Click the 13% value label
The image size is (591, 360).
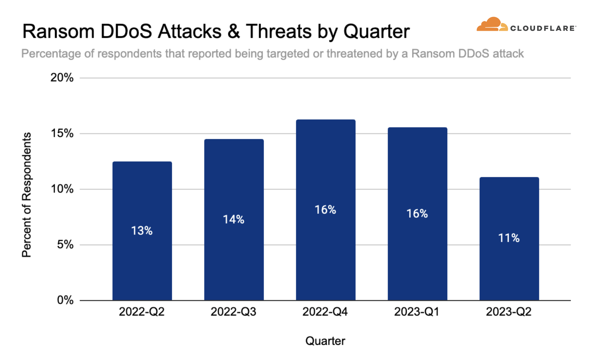[142, 230]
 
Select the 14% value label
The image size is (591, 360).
[234, 219]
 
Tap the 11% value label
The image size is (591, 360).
[509, 238]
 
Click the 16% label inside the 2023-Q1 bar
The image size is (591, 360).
[417, 214]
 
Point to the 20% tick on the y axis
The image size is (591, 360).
[62, 78]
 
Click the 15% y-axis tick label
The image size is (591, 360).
[62, 133]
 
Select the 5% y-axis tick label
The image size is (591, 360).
[65, 245]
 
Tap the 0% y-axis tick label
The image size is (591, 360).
[65, 300]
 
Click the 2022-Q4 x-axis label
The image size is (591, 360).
[325, 312]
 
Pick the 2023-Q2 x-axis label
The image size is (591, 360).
[508, 312]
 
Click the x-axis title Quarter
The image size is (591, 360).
[325, 341]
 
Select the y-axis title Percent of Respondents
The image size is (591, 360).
[27, 195]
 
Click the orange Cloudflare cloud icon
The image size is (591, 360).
[491, 24]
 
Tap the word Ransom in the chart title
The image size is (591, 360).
[58, 31]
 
